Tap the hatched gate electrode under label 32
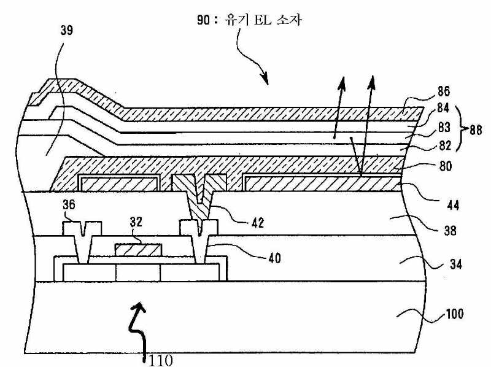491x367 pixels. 139,249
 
